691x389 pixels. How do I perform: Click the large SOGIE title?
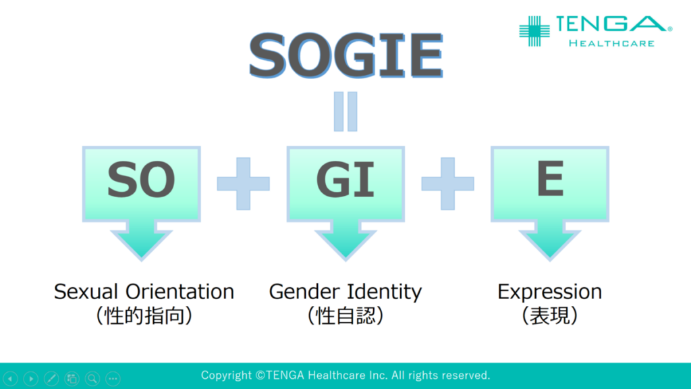(346, 55)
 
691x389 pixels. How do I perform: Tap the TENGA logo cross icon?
(534, 31)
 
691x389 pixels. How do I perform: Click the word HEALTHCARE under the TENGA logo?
(611, 43)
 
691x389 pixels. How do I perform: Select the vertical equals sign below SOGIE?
(345, 111)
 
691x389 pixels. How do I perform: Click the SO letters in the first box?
(141, 180)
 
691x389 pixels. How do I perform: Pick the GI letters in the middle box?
(345, 180)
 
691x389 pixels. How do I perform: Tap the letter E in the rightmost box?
(550, 178)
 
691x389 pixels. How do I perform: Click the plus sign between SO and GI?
(243, 184)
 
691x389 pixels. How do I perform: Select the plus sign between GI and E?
(448, 184)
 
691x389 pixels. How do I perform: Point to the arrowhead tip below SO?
(142, 260)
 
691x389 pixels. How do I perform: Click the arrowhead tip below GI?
(345, 260)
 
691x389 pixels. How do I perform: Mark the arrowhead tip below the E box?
(550, 260)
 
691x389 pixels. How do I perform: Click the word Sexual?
(86, 292)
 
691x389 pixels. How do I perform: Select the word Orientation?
(179, 292)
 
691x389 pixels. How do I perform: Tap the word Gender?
(304, 292)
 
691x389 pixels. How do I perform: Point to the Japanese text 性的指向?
(144, 316)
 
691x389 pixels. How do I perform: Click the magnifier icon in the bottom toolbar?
(92, 378)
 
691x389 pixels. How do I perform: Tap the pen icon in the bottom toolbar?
(51, 378)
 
